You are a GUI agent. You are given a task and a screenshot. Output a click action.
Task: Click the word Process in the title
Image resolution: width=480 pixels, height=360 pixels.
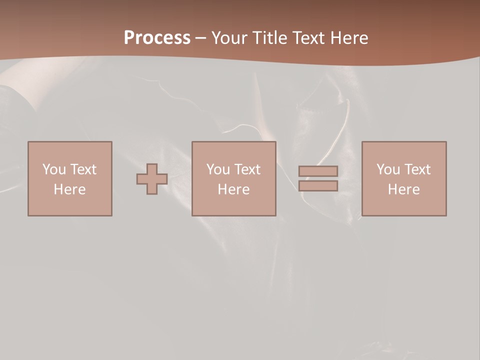coord(157,38)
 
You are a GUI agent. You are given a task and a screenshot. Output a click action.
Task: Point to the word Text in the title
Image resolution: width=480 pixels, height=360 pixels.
coord(308,38)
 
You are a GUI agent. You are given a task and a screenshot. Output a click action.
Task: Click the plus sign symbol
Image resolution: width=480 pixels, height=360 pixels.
coord(152,178)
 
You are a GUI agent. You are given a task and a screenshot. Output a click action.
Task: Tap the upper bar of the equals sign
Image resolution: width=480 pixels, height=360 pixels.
coord(318,171)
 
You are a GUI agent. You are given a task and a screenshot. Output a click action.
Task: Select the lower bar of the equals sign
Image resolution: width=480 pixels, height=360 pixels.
coord(318,185)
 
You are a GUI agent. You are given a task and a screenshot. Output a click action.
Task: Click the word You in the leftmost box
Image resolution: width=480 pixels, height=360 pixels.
coord(54,169)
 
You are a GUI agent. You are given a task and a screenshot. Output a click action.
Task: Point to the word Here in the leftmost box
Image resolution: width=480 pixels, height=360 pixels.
coord(70,189)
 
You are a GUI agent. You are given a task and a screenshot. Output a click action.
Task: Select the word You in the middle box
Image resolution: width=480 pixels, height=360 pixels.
coord(218,169)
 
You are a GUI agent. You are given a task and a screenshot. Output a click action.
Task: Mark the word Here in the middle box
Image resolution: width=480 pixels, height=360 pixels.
coord(234,189)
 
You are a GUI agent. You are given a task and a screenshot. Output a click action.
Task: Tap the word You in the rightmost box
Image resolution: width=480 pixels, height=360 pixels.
coord(388,169)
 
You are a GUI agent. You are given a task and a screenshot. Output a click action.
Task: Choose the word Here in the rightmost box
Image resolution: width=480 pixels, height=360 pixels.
coord(404,189)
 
